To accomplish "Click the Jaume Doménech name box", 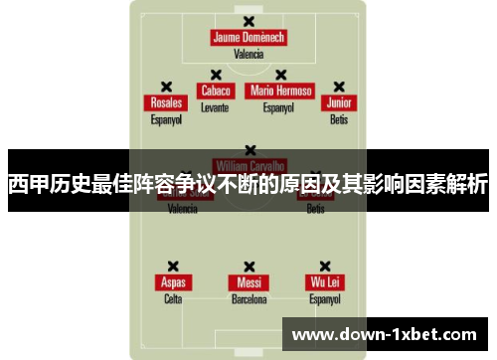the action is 248,38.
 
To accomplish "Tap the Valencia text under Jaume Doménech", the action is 248,55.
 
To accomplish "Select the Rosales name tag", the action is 166,102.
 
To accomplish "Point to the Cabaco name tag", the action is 216,90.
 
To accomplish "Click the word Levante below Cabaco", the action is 215,106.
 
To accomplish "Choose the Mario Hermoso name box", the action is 281,90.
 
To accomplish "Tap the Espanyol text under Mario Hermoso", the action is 280,106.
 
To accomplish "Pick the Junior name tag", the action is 340,102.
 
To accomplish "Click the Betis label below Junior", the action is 340,119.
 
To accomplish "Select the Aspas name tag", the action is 173,281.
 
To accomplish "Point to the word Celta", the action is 173,298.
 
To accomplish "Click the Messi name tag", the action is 248,281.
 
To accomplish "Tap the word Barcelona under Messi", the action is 248,298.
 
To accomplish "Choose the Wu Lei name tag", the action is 325,281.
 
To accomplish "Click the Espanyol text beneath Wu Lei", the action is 325,298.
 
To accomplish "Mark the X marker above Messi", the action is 248,266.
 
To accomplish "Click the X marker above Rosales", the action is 166,87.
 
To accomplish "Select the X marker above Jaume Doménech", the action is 248,21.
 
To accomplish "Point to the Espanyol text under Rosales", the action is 166,119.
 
